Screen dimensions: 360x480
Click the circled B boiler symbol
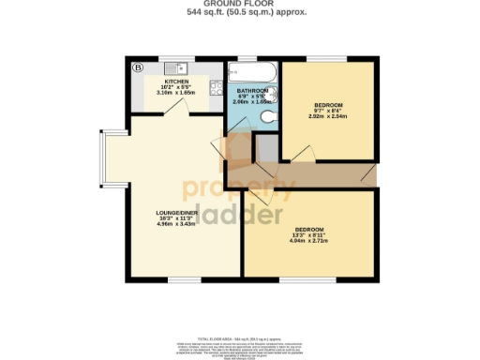click(137, 67)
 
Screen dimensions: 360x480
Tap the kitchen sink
click(175, 69)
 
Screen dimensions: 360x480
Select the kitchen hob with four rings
click(216, 91)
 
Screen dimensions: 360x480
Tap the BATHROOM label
click(251, 90)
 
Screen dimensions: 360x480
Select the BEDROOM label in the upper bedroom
click(328, 104)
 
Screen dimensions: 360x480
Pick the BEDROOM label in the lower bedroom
click(308, 231)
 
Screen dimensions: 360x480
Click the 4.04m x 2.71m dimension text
click(308, 242)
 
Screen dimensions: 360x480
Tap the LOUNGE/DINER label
click(175, 213)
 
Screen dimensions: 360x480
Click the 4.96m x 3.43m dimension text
click(175, 225)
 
